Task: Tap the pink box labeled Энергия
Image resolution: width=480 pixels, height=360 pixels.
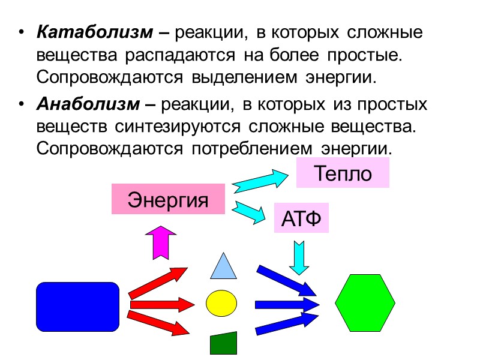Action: coord(168,200)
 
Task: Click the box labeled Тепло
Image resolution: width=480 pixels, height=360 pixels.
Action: coord(343,173)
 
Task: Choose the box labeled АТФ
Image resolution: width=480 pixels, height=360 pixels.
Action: coord(301,218)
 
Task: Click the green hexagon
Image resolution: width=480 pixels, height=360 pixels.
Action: coord(365,304)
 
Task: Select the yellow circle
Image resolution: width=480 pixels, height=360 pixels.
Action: coord(222,303)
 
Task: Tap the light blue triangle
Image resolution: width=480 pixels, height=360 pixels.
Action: coord(223,266)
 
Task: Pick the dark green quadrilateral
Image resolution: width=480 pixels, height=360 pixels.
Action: coord(223,343)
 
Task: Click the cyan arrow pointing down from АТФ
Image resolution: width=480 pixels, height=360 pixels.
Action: coord(298,257)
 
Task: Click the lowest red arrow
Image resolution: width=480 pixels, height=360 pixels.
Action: coord(158,322)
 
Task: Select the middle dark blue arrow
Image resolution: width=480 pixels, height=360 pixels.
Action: coord(286,304)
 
